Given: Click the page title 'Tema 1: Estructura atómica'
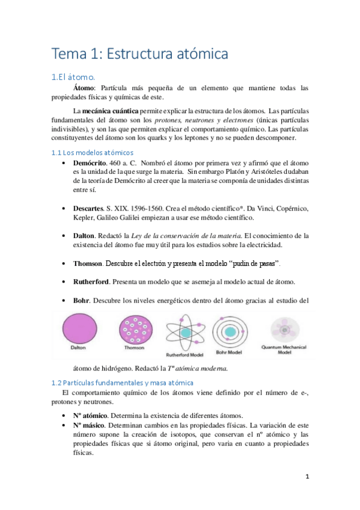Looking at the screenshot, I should (x=140, y=54).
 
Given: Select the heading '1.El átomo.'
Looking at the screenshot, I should (x=73, y=76).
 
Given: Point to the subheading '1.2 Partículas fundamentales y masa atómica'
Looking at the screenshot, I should (x=122, y=382).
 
